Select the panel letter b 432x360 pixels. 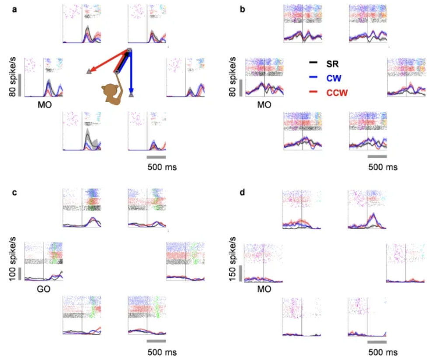[x=243, y=9]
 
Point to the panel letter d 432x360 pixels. [x=243, y=193]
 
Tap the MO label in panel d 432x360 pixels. [x=263, y=289]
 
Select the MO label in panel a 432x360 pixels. [x=43, y=105]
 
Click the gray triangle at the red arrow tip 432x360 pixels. [x=89, y=71]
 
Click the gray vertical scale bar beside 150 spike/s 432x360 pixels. [x=240, y=273]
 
